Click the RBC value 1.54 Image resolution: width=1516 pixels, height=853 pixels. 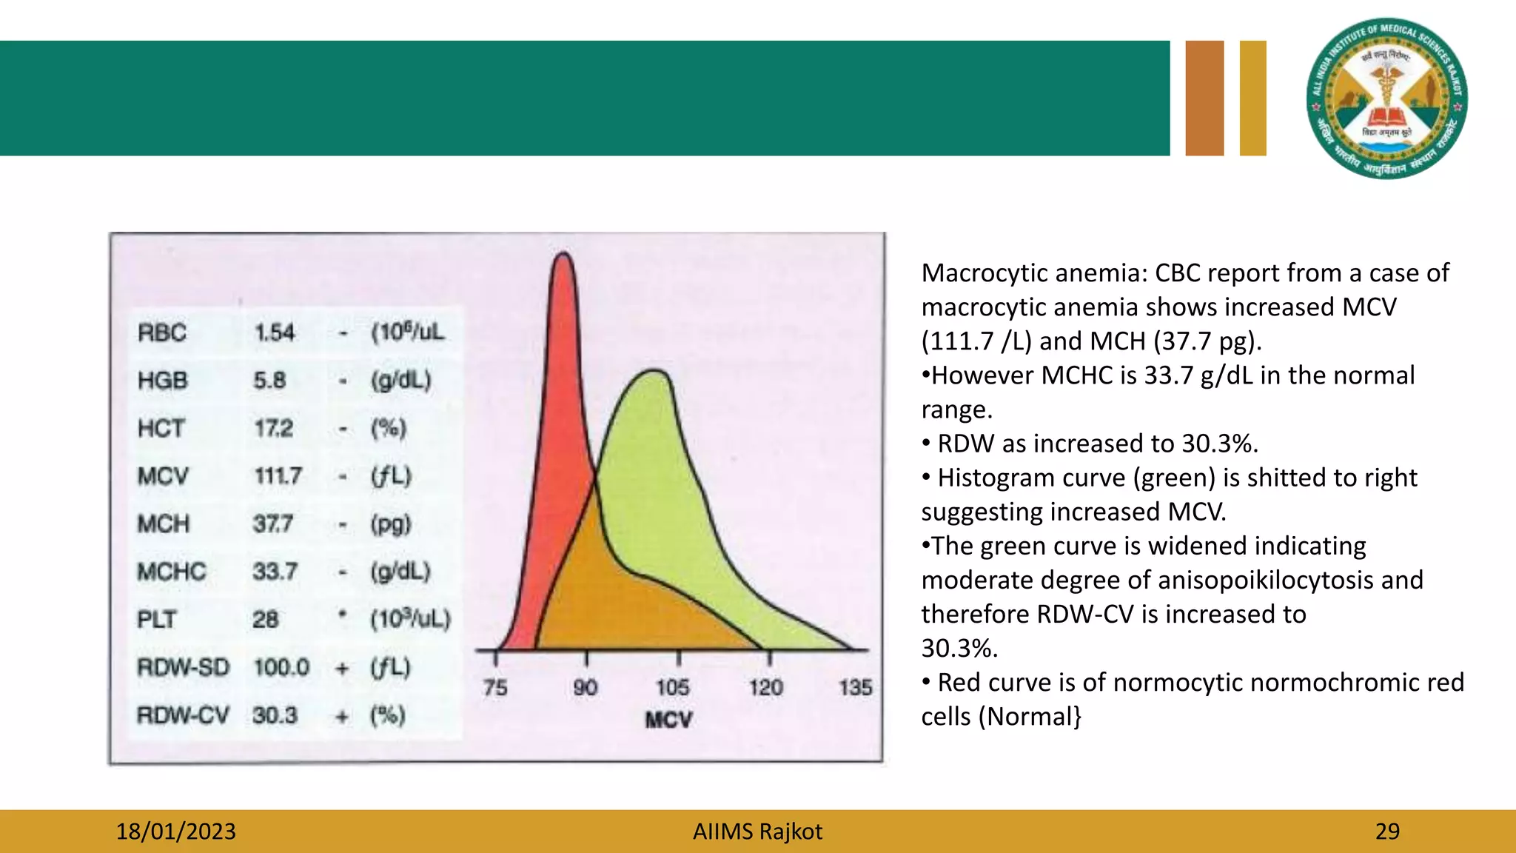pyautogui.click(x=275, y=332)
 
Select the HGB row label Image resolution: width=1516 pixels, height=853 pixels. pyautogui.click(x=163, y=381)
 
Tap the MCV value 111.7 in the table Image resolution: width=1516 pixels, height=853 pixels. pyautogui.click(x=278, y=475)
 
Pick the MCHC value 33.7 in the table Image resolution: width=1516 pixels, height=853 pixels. pyautogui.click(x=275, y=571)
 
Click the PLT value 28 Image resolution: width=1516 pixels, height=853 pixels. pyautogui.click(x=265, y=619)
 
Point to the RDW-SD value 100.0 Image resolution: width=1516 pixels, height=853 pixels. pyautogui.click(x=281, y=667)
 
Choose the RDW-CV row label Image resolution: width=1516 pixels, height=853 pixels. pyautogui.click(x=183, y=715)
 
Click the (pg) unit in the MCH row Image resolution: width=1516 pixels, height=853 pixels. pyautogui.click(x=390, y=524)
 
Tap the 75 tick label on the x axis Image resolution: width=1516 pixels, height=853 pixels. pyautogui.click(x=495, y=688)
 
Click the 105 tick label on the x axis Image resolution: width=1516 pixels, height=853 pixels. pyautogui.click(x=672, y=688)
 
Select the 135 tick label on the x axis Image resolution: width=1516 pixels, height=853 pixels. pyautogui.click(x=855, y=688)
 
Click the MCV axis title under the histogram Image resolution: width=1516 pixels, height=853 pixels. pyautogui.click(x=668, y=720)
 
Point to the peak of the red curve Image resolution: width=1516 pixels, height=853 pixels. pyautogui.click(x=563, y=255)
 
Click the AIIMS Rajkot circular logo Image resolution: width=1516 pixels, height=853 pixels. pyautogui.click(x=1387, y=98)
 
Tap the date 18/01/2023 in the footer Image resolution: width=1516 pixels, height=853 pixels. pyautogui.click(x=175, y=832)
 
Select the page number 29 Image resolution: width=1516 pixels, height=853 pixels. pyautogui.click(x=1387, y=832)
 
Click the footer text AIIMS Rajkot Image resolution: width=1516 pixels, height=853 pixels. pyautogui.click(x=757, y=832)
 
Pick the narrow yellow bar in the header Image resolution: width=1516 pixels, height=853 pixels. pyautogui.click(x=1252, y=98)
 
